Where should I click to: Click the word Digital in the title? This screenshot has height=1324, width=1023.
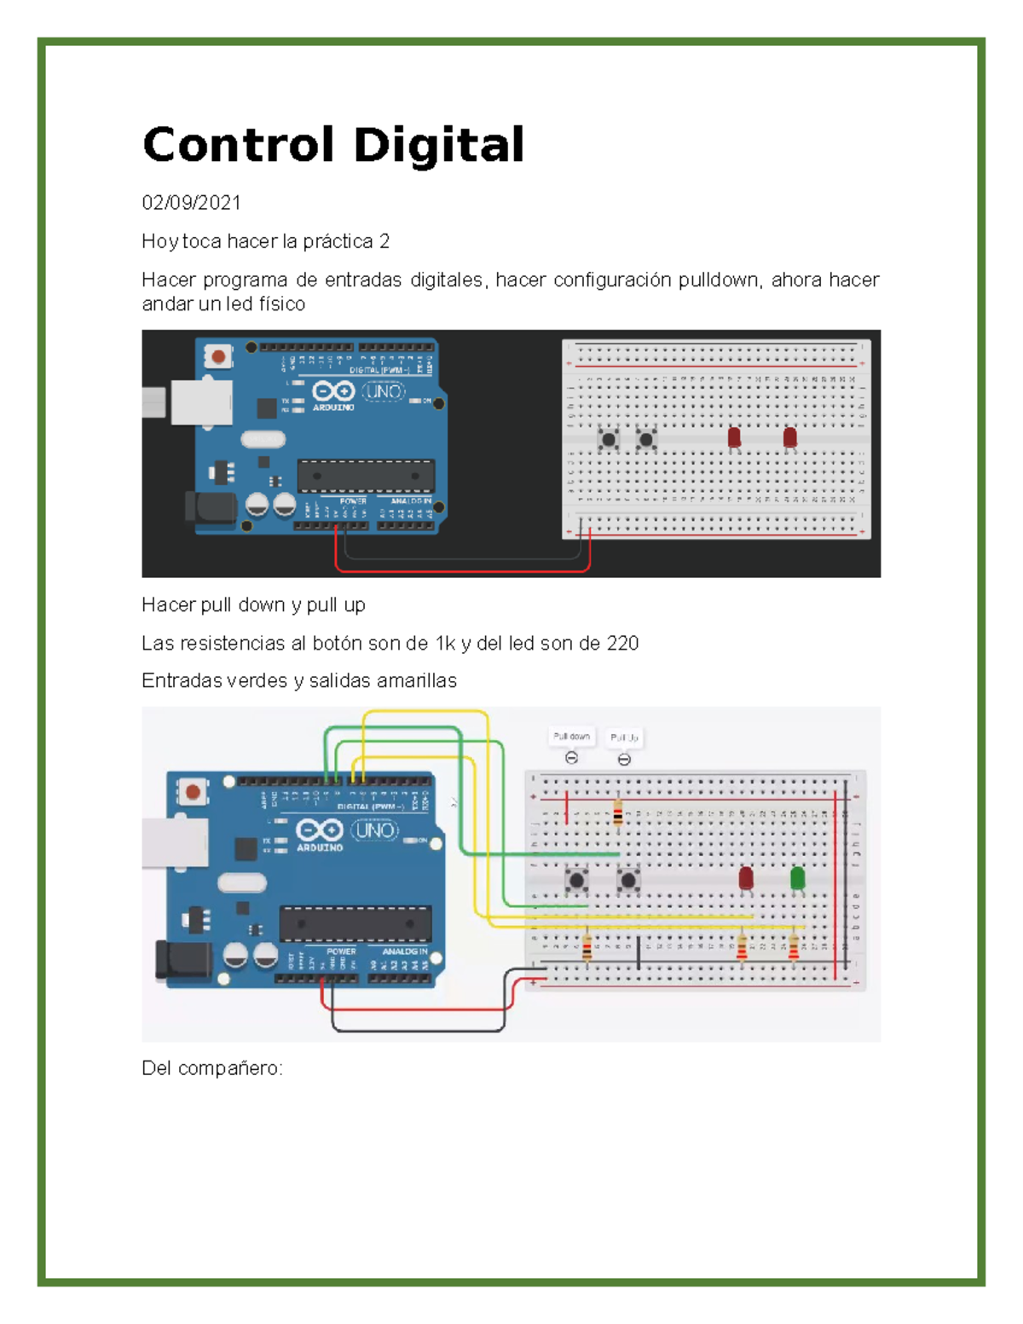pos(438,145)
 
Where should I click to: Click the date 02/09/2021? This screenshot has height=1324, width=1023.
pos(191,203)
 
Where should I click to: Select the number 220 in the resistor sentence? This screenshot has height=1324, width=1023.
pos(622,644)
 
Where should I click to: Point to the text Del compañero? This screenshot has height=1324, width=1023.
pos(212,1068)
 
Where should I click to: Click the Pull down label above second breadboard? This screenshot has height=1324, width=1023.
pos(571,737)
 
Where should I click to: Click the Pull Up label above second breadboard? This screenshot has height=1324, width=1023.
pos(624,737)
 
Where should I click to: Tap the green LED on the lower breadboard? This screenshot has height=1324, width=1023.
pos(798,878)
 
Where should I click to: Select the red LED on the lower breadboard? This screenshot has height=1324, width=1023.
pos(746,878)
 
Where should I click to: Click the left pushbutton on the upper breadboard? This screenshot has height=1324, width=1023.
pos(608,440)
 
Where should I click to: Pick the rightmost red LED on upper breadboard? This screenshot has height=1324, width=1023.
pos(790,438)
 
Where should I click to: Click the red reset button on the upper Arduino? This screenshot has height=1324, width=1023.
pos(219,356)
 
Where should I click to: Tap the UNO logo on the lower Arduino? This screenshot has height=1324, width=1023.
pos(375,830)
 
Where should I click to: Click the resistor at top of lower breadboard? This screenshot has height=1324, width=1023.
pos(618,812)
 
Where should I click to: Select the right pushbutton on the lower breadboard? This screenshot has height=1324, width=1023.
pos(629,879)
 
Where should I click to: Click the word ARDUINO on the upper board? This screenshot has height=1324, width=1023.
pos(333,408)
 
